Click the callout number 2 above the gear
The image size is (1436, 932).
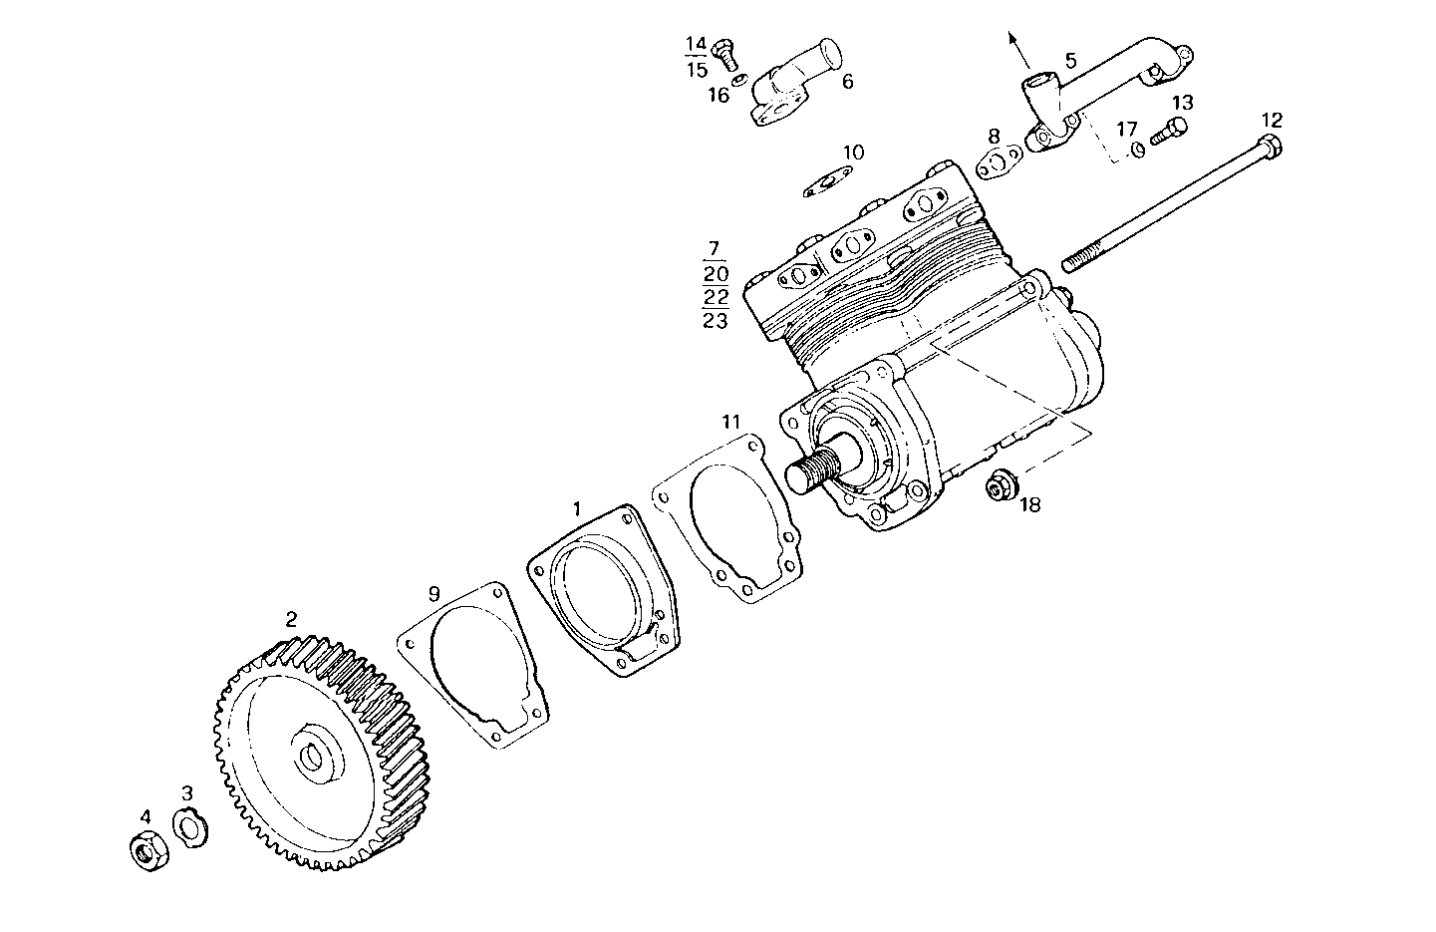click(x=291, y=619)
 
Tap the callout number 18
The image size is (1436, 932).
click(x=1029, y=504)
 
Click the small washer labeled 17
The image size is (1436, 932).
click(x=1137, y=151)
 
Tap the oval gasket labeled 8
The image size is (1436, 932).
click(x=1000, y=162)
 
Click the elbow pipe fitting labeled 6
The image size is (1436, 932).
click(x=793, y=88)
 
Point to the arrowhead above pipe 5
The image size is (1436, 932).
click(x=1014, y=39)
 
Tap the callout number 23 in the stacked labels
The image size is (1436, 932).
click(x=716, y=321)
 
